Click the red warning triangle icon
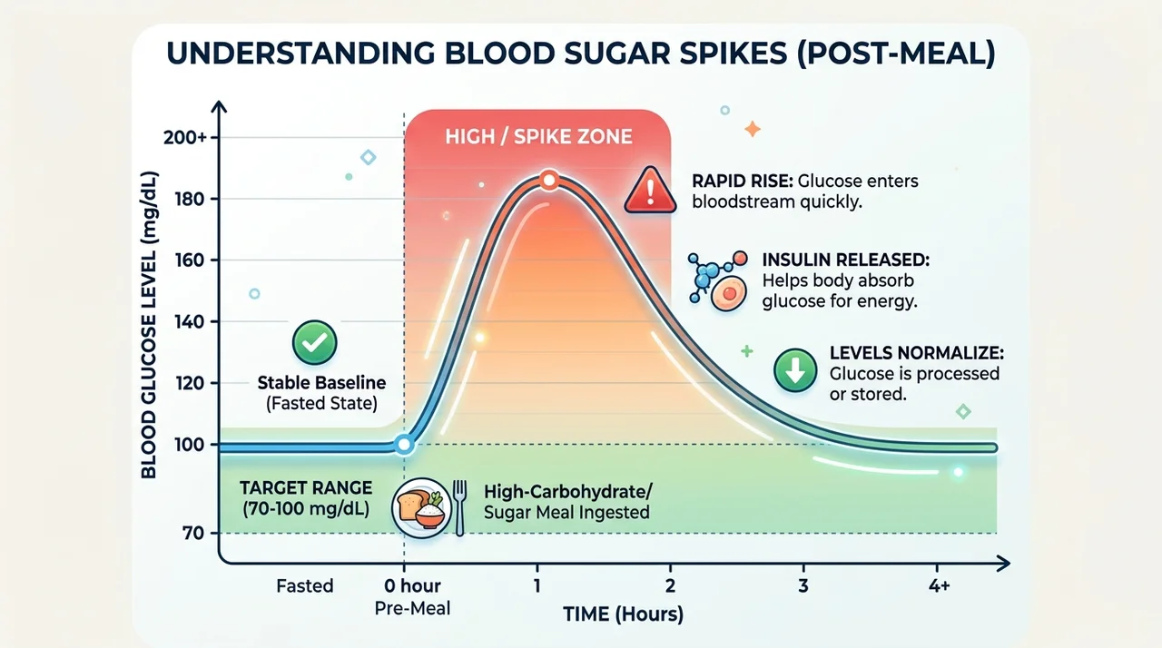650,191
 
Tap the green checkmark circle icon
314,342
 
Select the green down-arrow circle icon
794,370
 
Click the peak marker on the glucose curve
548,181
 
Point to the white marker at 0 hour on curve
404,445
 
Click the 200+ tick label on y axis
184,137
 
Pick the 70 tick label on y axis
193,533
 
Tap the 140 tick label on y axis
190,321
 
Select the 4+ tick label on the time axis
939,585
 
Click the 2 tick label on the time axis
670,585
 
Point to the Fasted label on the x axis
304,585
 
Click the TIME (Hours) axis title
623,614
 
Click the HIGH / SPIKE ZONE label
538,136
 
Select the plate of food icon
421,507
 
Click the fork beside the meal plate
459,507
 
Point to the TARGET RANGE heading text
306,487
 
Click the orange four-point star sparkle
753,129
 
